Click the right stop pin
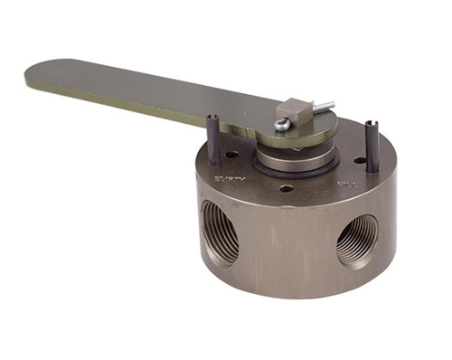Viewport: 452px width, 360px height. pos(372,145)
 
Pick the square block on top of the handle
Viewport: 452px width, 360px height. pos(296,110)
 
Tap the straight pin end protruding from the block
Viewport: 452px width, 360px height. pos(324,104)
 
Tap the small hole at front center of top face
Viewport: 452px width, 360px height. pos(286,188)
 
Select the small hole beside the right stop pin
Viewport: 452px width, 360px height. pos(360,160)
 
